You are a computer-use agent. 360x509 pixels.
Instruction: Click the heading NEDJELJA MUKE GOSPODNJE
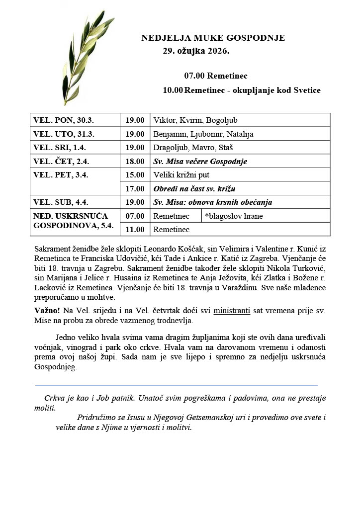213,38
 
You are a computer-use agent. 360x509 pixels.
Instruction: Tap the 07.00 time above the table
194,76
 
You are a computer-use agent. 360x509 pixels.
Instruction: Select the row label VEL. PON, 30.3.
64,120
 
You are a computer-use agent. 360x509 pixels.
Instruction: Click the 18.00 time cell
135,162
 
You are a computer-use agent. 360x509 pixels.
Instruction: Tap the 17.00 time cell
135,189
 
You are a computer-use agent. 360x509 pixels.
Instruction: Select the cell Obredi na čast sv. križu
194,189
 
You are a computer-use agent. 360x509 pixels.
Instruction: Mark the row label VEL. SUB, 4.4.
60,202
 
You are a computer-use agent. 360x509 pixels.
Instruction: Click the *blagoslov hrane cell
234,216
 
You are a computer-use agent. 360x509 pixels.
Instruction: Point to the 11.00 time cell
135,229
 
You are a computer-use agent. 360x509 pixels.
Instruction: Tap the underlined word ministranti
232,311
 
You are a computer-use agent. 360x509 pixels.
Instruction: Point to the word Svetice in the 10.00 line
307,90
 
